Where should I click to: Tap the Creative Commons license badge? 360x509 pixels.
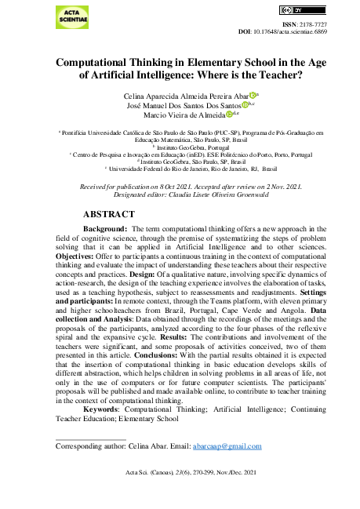pyautogui.click(x=289, y=9)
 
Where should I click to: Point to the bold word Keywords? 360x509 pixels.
pyautogui.click(x=104, y=409)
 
